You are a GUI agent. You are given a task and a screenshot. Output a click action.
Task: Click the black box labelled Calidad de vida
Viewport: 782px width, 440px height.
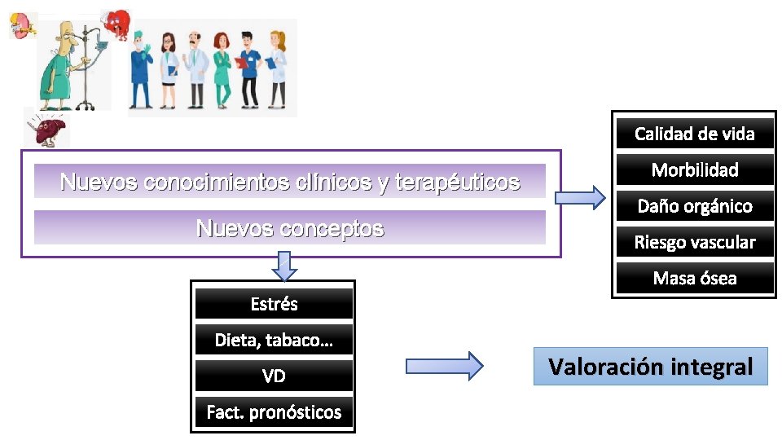pyautogui.click(x=694, y=134)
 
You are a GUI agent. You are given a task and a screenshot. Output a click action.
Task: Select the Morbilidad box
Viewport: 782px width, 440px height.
pyautogui.click(x=694, y=169)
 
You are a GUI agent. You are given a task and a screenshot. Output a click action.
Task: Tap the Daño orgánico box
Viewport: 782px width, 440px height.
pyautogui.click(x=694, y=206)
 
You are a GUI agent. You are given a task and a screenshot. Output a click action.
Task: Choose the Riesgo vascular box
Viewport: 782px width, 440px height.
pyautogui.click(x=694, y=242)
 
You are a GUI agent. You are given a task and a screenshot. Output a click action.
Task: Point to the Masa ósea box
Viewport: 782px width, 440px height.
pyautogui.click(x=694, y=278)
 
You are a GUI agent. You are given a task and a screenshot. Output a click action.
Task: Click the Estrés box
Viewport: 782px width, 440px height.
pyautogui.click(x=274, y=304)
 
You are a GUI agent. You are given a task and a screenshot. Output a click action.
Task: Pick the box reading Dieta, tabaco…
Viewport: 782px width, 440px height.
pyautogui.click(x=274, y=340)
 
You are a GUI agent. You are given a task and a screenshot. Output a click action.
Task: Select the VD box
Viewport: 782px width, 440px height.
pyautogui.click(x=274, y=376)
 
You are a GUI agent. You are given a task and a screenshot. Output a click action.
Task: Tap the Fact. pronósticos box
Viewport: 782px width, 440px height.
pyautogui.click(x=274, y=412)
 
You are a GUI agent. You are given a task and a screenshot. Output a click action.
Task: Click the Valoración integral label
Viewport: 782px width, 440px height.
pyautogui.click(x=650, y=367)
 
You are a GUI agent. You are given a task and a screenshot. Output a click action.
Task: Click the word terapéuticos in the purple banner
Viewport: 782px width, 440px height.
pyautogui.click(x=457, y=182)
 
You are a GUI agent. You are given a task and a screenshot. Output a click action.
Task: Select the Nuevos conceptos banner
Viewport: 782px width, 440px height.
pyautogui.click(x=290, y=228)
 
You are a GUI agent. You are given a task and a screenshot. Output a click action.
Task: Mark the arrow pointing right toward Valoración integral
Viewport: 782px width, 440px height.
pyautogui.click(x=445, y=365)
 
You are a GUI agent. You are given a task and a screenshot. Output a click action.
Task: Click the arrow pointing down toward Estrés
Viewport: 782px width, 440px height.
pyautogui.click(x=283, y=266)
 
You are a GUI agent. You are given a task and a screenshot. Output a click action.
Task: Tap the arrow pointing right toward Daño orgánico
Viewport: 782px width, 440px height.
pyautogui.click(x=580, y=196)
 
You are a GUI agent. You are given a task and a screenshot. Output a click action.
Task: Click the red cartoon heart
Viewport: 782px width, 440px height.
pyautogui.click(x=116, y=24)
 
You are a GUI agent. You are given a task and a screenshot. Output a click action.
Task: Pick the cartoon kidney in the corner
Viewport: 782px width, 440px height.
pyautogui.click(x=22, y=24)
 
